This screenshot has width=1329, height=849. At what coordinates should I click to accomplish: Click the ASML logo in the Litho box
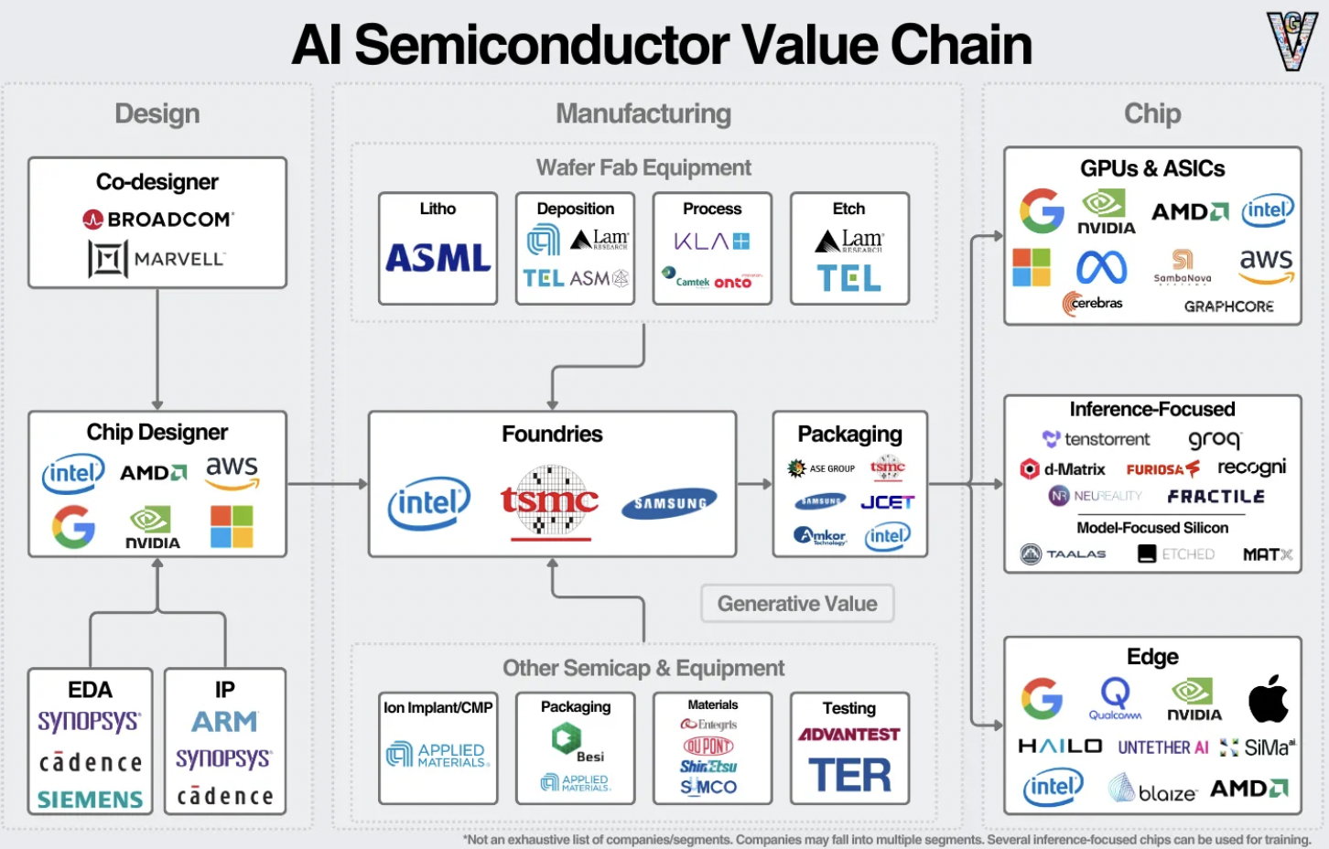(438, 258)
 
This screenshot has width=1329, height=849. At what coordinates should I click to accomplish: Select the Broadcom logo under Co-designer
(157, 220)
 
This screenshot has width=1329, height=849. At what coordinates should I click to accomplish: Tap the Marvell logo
(157, 259)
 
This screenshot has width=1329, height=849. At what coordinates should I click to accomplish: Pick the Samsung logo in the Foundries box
(669, 503)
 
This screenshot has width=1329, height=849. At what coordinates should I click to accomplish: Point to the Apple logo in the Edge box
(1268, 700)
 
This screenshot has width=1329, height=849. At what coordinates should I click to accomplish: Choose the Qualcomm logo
(1115, 699)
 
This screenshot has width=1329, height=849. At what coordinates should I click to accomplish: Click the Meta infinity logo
(1101, 268)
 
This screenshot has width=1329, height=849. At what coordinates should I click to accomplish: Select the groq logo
(1215, 439)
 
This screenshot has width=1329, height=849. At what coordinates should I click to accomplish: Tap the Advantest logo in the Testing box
(848, 735)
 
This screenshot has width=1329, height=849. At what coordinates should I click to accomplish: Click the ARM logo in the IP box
(224, 722)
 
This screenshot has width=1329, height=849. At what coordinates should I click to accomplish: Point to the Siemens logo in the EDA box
(90, 800)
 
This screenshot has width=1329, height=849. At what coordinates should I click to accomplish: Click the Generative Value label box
(797, 604)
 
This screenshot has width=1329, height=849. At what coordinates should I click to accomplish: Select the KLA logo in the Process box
(711, 242)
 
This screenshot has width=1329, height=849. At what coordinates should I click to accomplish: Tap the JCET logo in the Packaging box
(887, 502)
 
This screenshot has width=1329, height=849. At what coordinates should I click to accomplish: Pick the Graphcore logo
(1228, 306)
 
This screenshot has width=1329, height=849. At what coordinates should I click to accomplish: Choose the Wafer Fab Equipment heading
(643, 167)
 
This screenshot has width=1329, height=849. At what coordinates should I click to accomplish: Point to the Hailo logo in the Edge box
(1060, 747)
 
